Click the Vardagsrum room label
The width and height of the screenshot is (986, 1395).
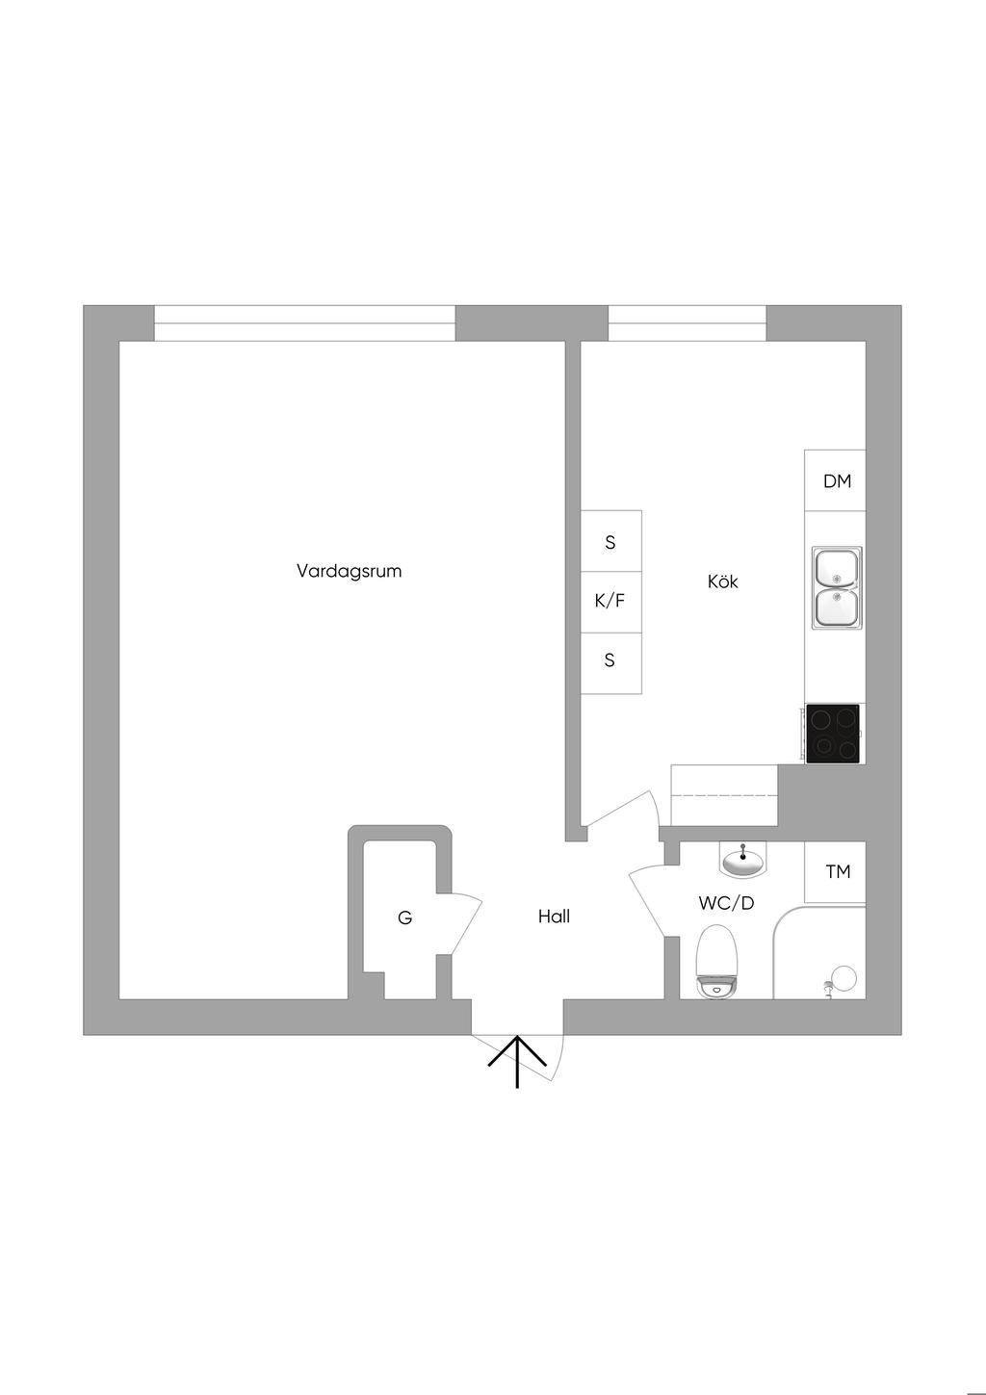point(349,571)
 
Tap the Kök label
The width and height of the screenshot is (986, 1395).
point(722,581)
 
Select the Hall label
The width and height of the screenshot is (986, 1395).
point(554,917)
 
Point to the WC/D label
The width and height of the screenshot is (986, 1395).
point(726,903)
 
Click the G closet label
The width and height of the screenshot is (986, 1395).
point(404,918)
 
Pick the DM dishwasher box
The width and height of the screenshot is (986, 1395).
point(836,480)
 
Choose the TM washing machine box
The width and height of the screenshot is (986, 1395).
point(836,871)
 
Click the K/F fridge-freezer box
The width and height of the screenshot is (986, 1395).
point(610,602)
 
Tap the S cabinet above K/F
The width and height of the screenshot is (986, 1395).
point(610,542)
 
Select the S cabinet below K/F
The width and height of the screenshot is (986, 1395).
point(610,661)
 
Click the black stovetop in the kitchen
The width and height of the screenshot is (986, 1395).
point(833,734)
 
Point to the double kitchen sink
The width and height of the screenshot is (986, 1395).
point(837,587)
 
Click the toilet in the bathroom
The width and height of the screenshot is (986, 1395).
point(716,961)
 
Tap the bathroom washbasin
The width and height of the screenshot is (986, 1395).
point(743,860)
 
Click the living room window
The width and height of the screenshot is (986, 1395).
point(304,323)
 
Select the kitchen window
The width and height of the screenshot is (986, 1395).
point(687,323)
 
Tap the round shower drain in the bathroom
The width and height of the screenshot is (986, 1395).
point(844,977)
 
